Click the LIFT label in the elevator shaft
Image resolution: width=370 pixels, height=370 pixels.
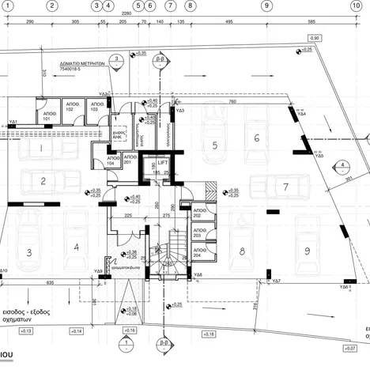click(163, 162)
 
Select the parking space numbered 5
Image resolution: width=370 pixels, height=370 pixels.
click(213, 145)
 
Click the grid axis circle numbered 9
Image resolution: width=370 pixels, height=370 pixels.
click(266, 6)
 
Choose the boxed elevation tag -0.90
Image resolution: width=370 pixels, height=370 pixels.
click(315, 38)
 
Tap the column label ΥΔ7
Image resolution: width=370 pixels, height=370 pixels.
click(277, 281)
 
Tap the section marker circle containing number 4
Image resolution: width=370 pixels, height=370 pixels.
click(343, 165)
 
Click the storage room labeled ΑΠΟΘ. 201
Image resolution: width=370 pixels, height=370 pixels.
click(130, 160)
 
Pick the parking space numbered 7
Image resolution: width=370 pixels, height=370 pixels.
click(285, 187)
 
